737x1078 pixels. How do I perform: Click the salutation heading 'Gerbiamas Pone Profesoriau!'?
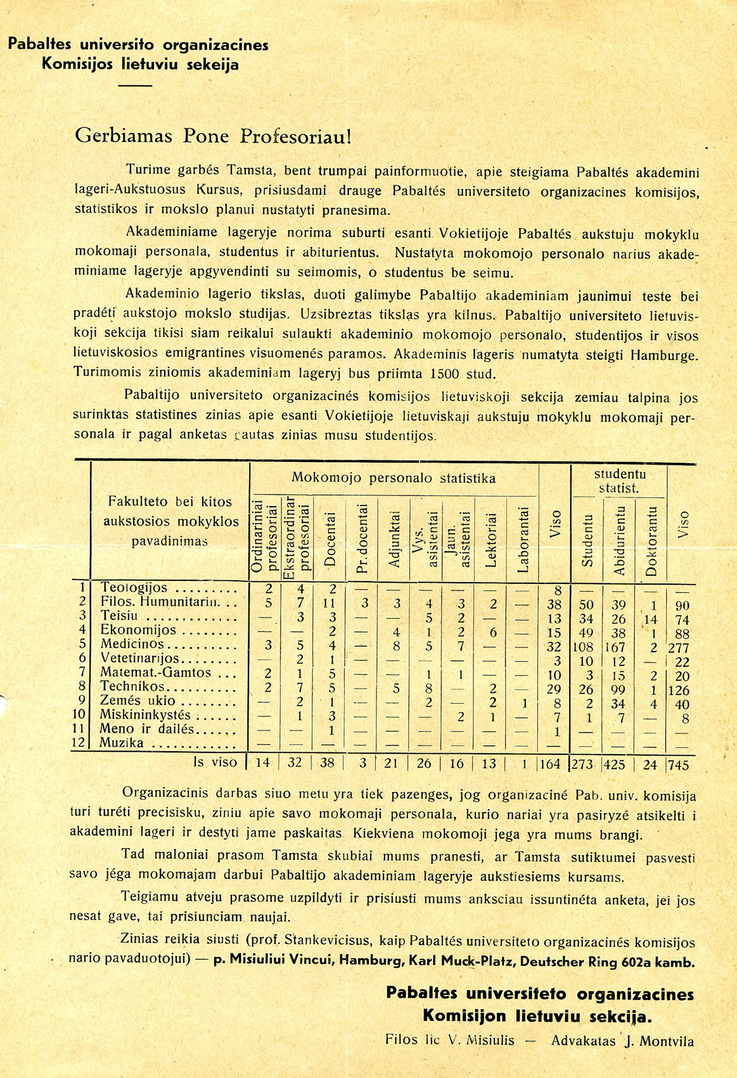tap(213, 136)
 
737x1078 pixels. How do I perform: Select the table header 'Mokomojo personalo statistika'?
tap(394, 478)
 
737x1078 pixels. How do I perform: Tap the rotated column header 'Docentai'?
tap(330, 538)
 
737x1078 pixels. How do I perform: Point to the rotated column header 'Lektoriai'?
tap(490, 538)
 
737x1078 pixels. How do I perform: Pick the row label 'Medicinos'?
tap(131, 645)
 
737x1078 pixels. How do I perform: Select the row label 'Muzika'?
tap(122, 742)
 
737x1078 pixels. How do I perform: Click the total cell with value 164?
tap(549, 764)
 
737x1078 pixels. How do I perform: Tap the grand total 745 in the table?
tap(678, 765)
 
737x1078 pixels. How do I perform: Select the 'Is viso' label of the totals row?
tap(215, 763)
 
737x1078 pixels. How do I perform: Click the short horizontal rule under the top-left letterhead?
tap(135, 85)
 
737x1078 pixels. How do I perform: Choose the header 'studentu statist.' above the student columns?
tap(619, 481)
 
